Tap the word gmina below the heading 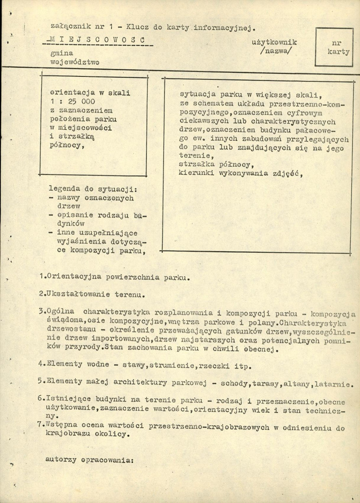[61, 54]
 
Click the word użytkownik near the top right [274, 42]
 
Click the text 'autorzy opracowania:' [89, 459]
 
